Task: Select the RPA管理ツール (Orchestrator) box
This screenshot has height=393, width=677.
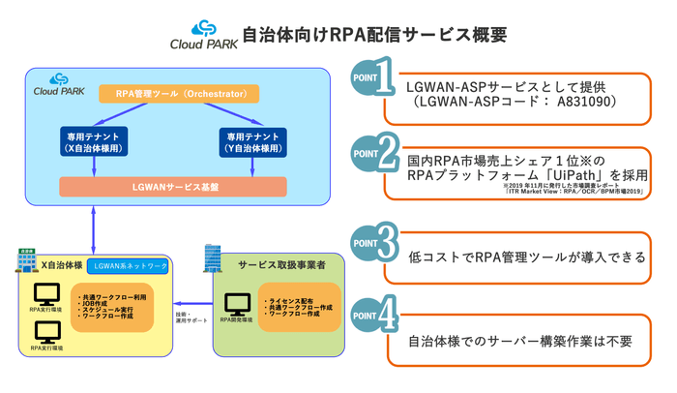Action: pyautogui.click(x=180, y=94)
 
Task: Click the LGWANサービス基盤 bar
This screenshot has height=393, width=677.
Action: pyautogui.click(x=173, y=186)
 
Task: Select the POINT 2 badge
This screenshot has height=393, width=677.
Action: pyautogui.click(x=373, y=153)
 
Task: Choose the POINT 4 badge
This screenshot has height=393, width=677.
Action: pyautogui.click(x=373, y=317)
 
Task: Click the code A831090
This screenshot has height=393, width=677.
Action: pyautogui.click(x=579, y=101)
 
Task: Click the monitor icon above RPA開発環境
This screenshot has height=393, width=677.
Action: pyautogui.click(x=237, y=306)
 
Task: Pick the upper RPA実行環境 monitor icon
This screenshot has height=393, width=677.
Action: pyautogui.click(x=45, y=296)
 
